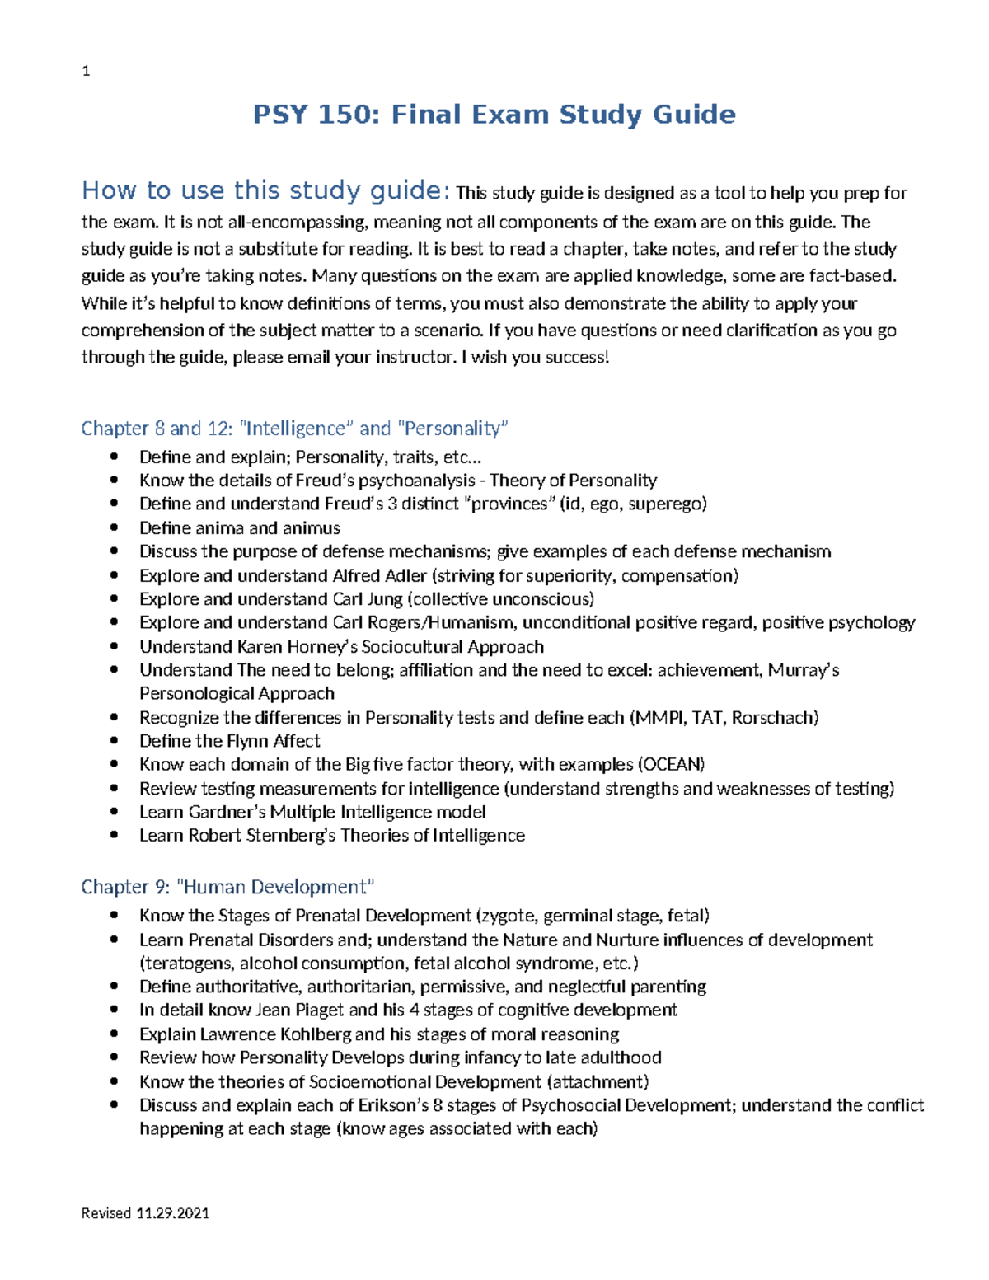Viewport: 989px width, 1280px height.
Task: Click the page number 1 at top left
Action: click(86, 72)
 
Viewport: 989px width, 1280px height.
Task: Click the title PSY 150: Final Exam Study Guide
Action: click(494, 114)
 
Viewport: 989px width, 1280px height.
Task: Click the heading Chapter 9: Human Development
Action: click(227, 887)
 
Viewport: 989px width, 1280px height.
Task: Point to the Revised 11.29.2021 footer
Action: click(145, 1212)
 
